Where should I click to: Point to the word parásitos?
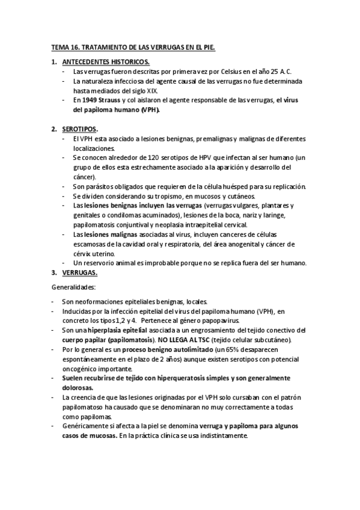pos(99,186)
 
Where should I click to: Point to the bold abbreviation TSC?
pos(200,340)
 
